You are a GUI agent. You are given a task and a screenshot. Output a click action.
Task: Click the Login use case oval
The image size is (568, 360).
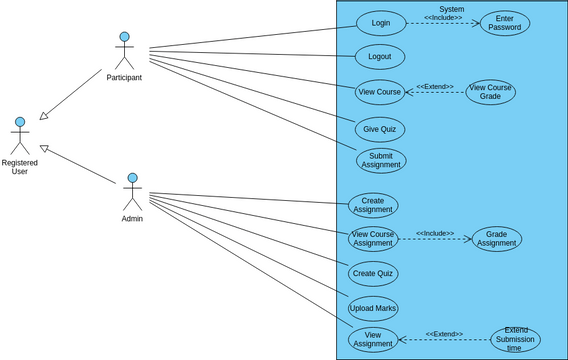(x=381, y=23)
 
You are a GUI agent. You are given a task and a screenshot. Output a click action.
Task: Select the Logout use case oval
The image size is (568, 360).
(x=380, y=57)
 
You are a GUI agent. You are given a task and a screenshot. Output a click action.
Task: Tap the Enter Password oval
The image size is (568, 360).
(x=505, y=23)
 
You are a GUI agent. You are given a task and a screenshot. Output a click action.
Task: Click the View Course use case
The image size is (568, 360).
(x=380, y=92)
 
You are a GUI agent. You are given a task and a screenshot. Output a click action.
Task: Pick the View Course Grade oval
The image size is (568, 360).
(x=490, y=92)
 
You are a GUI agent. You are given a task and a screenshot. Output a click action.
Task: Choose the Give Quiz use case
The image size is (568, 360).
(x=380, y=129)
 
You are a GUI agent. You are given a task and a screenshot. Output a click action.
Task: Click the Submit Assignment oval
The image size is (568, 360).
(x=381, y=160)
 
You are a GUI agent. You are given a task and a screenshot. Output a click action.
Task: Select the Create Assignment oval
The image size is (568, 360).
(x=373, y=205)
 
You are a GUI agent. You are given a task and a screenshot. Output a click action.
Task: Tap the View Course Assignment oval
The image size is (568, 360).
(x=373, y=238)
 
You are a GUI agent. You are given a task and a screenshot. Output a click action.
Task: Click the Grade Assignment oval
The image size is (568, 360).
(x=497, y=238)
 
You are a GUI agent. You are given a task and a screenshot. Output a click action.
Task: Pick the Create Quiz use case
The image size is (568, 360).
(x=373, y=273)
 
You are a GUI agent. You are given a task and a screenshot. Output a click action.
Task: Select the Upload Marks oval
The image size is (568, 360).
(x=373, y=308)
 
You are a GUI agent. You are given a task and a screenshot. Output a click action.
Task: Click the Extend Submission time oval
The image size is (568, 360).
(x=515, y=339)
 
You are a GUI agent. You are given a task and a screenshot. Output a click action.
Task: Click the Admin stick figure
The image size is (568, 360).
(x=132, y=192)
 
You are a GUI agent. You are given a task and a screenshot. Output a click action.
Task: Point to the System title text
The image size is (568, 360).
(x=451, y=8)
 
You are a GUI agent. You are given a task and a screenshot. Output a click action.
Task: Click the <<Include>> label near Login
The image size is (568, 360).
(x=443, y=17)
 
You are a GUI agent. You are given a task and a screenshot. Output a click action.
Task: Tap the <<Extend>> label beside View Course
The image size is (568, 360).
(x=435, y=86)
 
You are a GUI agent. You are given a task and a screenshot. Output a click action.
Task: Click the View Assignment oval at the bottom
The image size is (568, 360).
(x=373, y=339)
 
